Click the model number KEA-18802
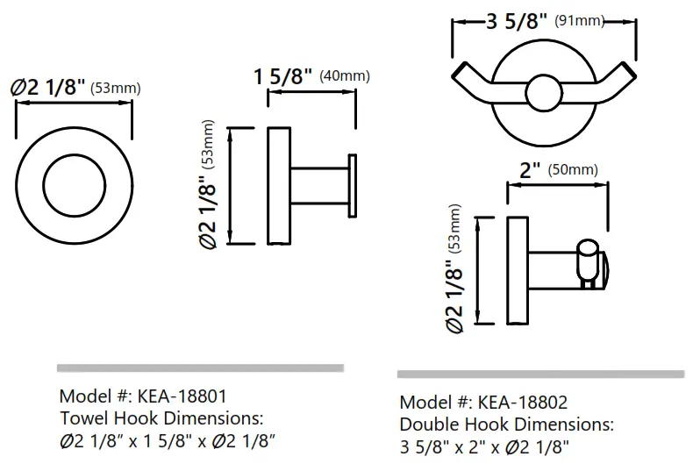523,403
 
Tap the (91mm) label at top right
580,21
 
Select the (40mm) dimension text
345,75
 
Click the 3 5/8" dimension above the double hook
517,22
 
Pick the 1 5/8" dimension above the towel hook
283,76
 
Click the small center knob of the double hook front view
542,92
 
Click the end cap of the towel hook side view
353,186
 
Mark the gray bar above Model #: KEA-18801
200,367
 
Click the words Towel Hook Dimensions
161,417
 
